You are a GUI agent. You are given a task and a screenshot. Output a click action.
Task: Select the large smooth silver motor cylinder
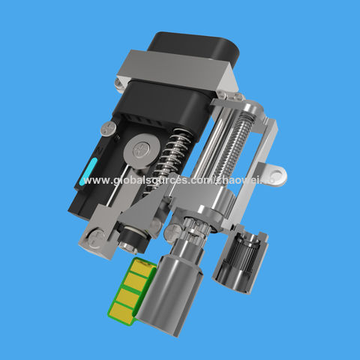point(170,292)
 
